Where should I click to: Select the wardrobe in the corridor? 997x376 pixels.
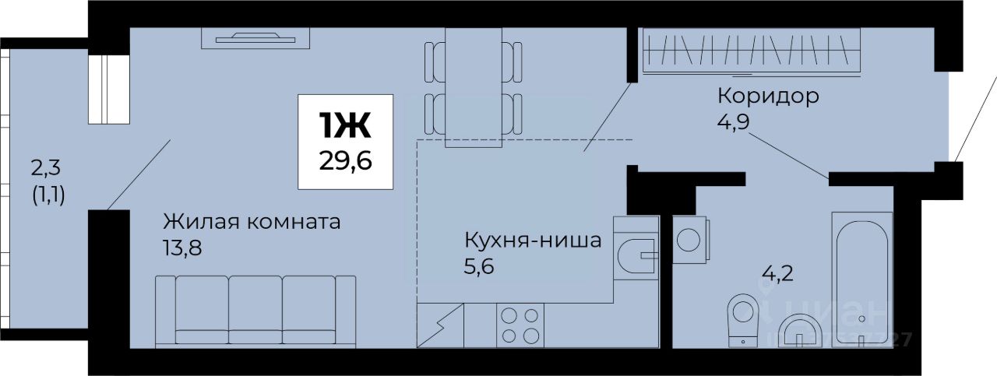click(x=751, y=51)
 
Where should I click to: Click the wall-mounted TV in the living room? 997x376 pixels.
click(x=255, y=37)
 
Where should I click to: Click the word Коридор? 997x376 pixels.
click(x=767, y=97)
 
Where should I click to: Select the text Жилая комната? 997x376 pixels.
click(x=252, y=222)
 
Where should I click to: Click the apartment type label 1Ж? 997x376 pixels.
click(x=344, y=124)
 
